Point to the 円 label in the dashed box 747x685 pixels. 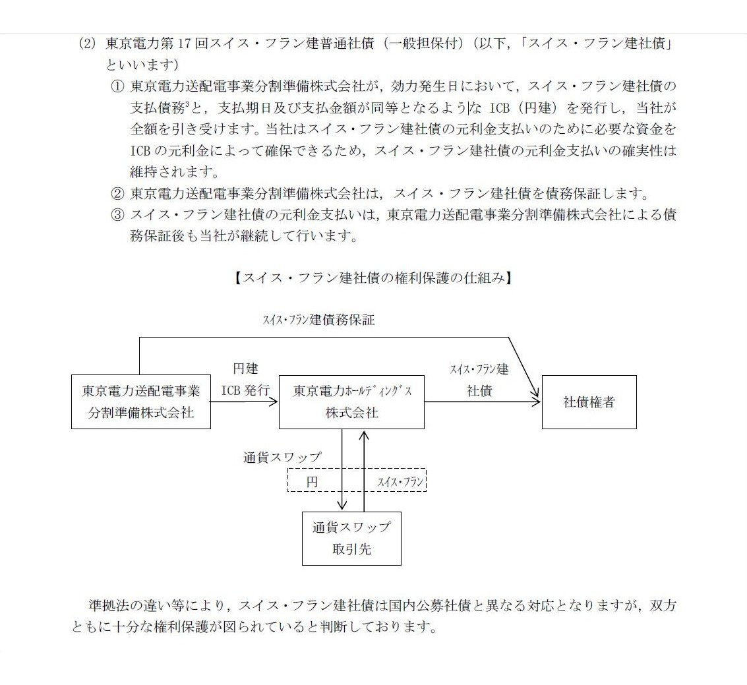[312, 481]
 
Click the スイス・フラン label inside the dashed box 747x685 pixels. [400, 481]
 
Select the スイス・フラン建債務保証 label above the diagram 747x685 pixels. [318, 320]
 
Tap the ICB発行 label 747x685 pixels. [245, 390]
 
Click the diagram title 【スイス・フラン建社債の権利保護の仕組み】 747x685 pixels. [373, 278]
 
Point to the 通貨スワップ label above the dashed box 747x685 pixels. [282, 458]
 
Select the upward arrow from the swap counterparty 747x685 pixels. [364, 471]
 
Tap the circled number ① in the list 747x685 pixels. [117, 86]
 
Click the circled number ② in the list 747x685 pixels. [117, 193]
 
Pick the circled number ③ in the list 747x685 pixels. [117, 215]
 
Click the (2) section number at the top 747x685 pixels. [88, 44]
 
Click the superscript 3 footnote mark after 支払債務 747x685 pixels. [188, 104]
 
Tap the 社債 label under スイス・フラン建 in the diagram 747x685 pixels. [479, 390]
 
